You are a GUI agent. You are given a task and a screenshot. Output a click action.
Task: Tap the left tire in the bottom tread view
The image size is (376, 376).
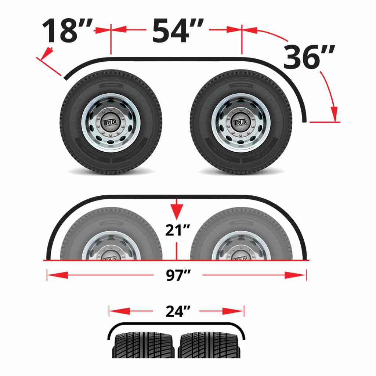click(144, 345)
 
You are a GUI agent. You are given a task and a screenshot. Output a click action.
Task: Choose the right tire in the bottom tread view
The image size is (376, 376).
click(210, 345)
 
